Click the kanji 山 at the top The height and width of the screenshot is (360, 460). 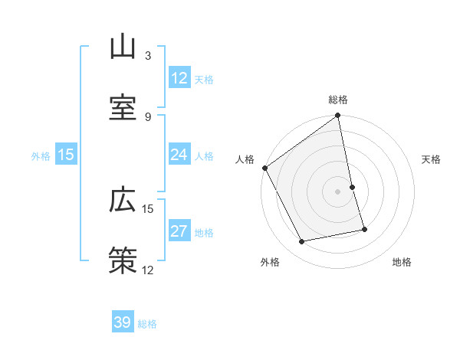[x=123, y=47]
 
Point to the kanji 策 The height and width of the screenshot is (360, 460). [x=123, y=259]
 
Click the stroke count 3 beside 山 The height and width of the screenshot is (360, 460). [x=148, y=56]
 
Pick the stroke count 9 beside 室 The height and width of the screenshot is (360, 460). [x=148, y=116]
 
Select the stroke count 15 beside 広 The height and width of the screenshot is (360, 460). [x=148, y=208]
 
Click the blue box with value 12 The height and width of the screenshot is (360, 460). [x=179, y=78]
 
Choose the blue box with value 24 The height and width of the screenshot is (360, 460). [x=179, y=155]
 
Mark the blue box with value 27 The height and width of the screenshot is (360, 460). [x=179, y=231]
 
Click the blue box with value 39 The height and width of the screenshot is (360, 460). [x=123, y=322]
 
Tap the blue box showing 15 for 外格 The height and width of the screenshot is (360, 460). [x=66, y=155]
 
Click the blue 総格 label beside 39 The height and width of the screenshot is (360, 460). [x=147, y=324]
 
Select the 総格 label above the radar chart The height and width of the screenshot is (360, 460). [x=338, y=100]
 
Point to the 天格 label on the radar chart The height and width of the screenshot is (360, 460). [x=432, y=159]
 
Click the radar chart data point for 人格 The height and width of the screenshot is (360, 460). [x=264, y=168]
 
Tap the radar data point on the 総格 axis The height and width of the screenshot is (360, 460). [x=338, y=116]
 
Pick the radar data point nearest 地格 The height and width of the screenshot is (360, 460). [x=364, y=229]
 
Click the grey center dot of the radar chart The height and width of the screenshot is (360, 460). [x=338, y=191]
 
